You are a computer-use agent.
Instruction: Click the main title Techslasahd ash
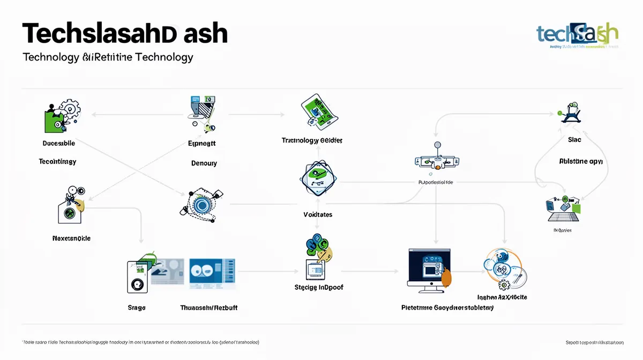[x=125, y=33]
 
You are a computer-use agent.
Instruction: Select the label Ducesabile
[x=58, y=143]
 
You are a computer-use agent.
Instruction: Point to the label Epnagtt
[x=202, y=144]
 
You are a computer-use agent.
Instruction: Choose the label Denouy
[x=204, y=163]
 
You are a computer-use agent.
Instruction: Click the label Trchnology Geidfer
[x=312, y=140]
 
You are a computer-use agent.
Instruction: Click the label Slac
[x=574, y=140]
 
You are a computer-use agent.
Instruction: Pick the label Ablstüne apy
[x=581, y=161]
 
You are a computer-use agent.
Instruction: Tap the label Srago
[x=137, y=307]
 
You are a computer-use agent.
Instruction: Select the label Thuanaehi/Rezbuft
[x=209, y=307]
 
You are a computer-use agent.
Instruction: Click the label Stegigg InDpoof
[x=319, y=287]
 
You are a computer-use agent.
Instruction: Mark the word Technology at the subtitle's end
[x=165, y=57]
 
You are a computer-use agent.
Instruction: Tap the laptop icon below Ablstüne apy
[x=562, y=209]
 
